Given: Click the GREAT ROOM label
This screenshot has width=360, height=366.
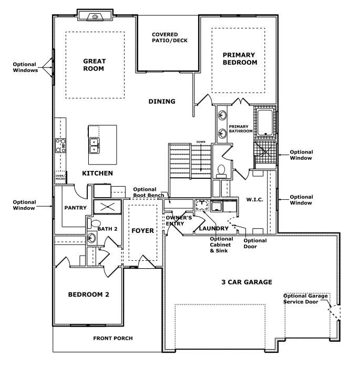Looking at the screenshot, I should (x=94, y=65).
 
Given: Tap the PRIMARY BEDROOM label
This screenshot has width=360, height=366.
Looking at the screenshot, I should (x=239, y=58).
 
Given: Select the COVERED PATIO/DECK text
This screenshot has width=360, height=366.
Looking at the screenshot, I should (x=169, y=37).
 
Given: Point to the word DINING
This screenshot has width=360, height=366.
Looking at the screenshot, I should (x=162, y=101).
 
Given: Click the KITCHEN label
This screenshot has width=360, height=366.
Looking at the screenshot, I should (x=97, y=173).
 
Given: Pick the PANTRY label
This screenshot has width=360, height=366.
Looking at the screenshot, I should (x=75, y=208).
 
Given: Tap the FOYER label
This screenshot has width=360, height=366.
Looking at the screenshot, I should (x=142, y=230).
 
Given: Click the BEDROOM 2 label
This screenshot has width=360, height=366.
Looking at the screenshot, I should (x=88, y=294).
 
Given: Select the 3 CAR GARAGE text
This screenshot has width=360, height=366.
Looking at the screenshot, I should (x=246, y=282).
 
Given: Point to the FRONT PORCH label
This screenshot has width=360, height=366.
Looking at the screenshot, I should (x=113, y=338).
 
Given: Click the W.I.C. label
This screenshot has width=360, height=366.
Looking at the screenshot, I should (x=254, y=200).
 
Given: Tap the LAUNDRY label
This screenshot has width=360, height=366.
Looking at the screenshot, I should (x=213, y=229).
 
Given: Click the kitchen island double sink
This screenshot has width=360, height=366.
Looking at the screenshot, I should (x=94, y=145).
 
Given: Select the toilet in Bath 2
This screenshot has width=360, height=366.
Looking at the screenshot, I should (x=96, y=224).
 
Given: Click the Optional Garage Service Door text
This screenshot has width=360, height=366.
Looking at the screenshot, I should (x=305, y=299).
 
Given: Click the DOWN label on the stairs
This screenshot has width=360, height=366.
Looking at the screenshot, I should (x=201, y=142).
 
